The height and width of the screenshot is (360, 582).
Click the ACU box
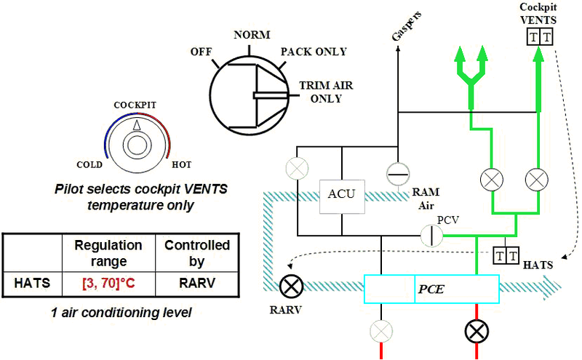(342, 196)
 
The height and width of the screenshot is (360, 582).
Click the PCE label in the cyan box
(431, 289)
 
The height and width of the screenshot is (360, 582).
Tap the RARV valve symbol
(292, 286)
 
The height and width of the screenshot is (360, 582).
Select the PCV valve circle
(431, 236)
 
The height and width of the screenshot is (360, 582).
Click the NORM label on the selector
(252, 34)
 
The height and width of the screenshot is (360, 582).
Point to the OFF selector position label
(202, 51)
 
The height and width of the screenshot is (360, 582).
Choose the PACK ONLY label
(314, 51)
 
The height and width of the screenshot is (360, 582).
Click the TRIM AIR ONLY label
(326, 92)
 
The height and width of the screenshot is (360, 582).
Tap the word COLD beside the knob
(89, 164)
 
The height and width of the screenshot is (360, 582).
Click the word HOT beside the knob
(181, 164)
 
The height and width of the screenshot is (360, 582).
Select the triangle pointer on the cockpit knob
(137, 125)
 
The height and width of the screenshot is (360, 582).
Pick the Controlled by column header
(197, 253)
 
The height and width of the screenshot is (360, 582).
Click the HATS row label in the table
(32, 283)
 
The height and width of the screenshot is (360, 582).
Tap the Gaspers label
(407, 25)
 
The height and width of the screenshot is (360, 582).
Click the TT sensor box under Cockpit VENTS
(540, 37)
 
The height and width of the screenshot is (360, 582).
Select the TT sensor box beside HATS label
(506, 255)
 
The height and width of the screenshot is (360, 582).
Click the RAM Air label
(426, 199)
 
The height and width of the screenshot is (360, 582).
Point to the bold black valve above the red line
(477, 331)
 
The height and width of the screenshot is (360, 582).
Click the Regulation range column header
(108, 253)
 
